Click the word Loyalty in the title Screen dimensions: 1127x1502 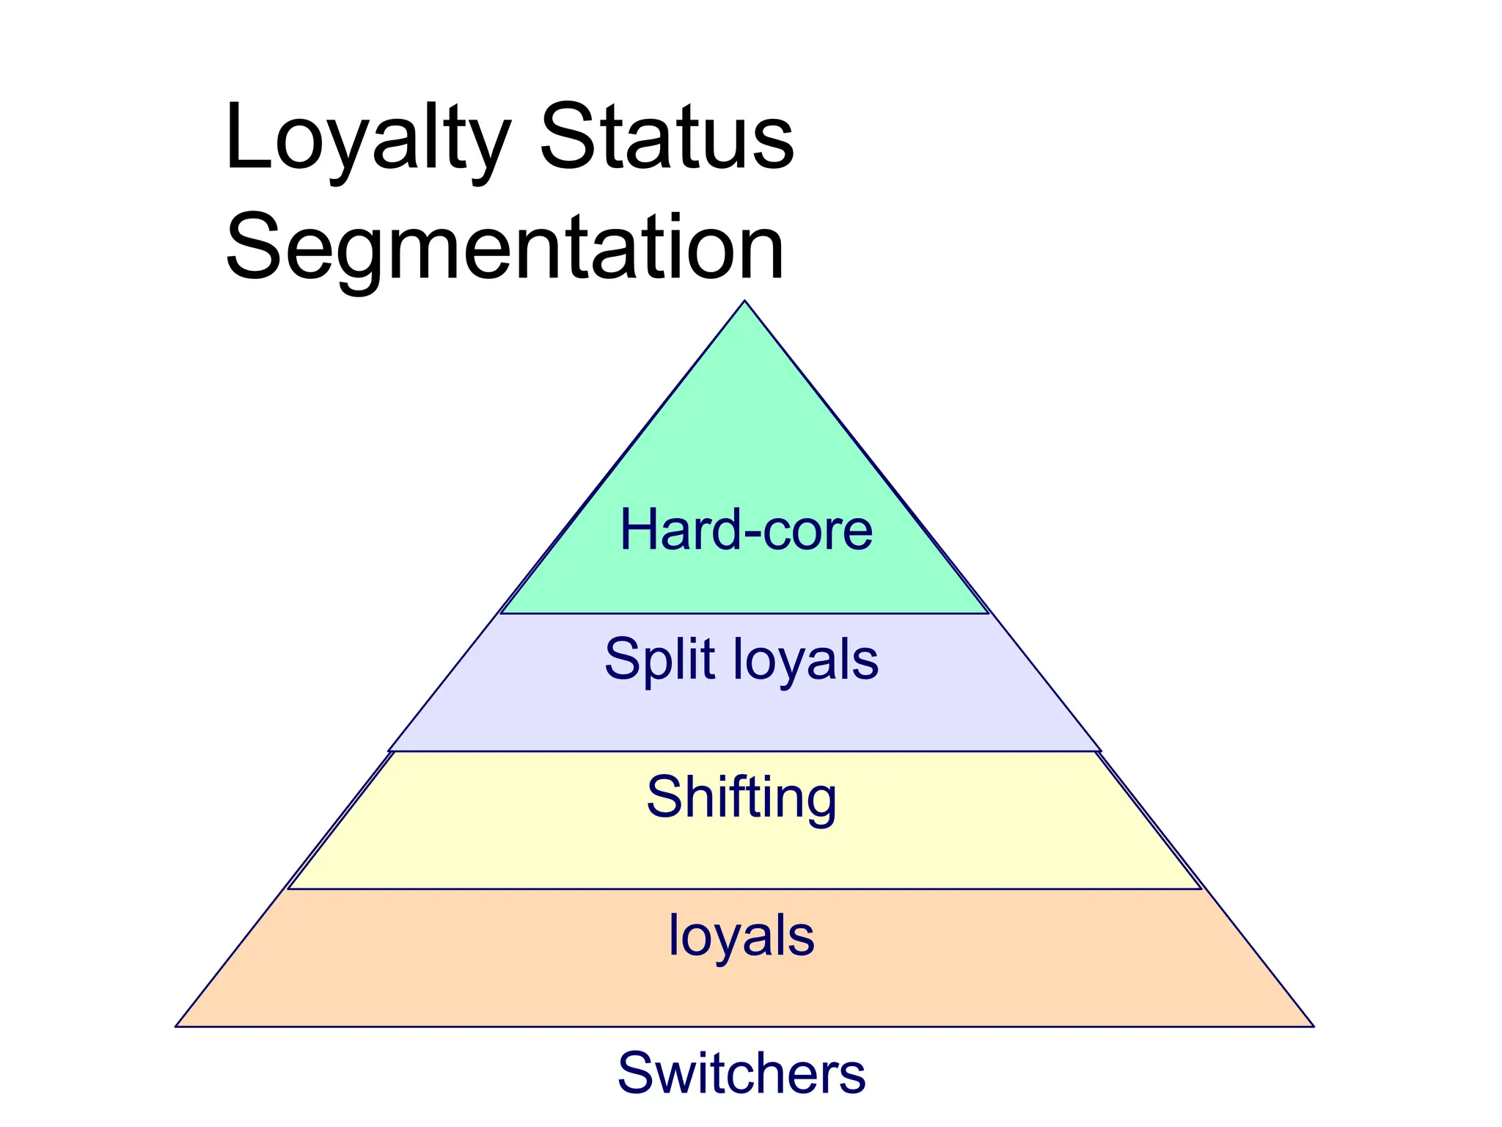pyautogui.click(x=367, y=139)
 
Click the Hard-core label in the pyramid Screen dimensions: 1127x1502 pyautogui.click(x=746, y=530)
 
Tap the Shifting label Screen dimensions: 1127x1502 pyautogui.click(x=741, y=798)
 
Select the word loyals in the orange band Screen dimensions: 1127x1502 pyautogui.click(x=741, y=936)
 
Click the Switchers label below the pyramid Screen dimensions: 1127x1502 pyautogui.click(x=741, y=1073)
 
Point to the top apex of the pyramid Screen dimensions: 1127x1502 pyautogui.click(x=744, y=302)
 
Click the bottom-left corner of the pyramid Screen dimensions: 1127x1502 pyautogui.click(x=176, y=1026)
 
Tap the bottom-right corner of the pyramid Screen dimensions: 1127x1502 pyautogui.click(x=1313, y=1026)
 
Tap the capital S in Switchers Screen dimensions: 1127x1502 pyautogui.click(x=636, y=1073)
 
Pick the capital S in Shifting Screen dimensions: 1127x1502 pyautogui.click(x=664, y=798)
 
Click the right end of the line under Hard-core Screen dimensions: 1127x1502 pyautogui.click(x=989, y=613)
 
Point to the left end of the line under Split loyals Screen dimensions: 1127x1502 pyautogui.click(x=389, y=751)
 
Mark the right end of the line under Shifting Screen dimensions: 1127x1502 pyautogui.click(x=1201, y=889)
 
